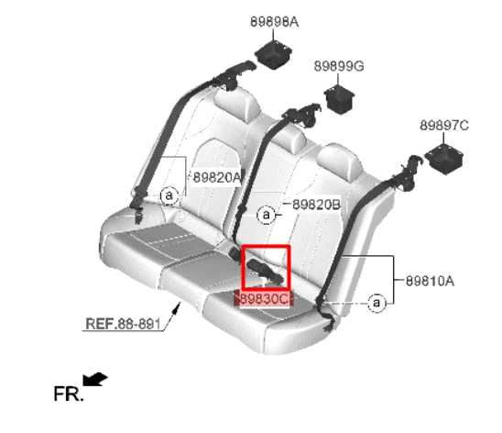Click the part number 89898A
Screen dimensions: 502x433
pos(274,22)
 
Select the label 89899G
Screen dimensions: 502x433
pos(339,66)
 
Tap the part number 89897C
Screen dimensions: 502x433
pos(444,126)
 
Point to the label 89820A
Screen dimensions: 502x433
pos(216,177)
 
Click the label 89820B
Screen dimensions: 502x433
pos(316,205)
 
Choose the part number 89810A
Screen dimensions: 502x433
pos(430,281)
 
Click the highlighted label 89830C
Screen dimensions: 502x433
pos(264,299)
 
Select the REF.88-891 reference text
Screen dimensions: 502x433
pos(123,324)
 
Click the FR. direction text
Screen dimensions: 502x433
pos(69,394)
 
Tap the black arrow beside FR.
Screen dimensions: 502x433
pos(94,379)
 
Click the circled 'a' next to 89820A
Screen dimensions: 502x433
pos(169,195)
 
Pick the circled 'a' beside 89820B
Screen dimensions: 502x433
pos(266,215)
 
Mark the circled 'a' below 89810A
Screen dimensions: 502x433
pos(376,303)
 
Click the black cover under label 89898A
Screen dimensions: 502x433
pos(273,54)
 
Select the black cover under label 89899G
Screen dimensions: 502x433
pos(339,99)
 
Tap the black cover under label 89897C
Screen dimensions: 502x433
pos(444,160)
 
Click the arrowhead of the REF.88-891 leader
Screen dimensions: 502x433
pos(177,307)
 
